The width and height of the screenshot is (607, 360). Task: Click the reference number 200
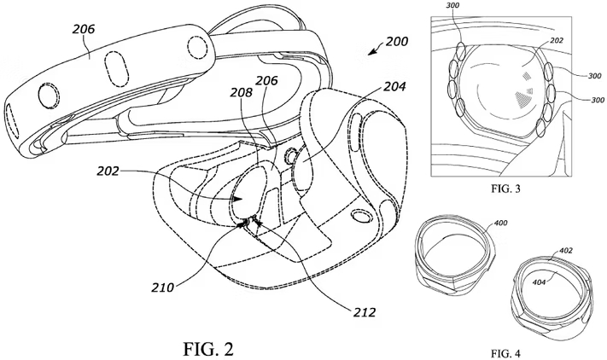point(396,42)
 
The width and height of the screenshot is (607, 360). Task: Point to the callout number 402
point(566,251)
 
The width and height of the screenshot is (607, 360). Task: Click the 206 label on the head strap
point(83,30)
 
